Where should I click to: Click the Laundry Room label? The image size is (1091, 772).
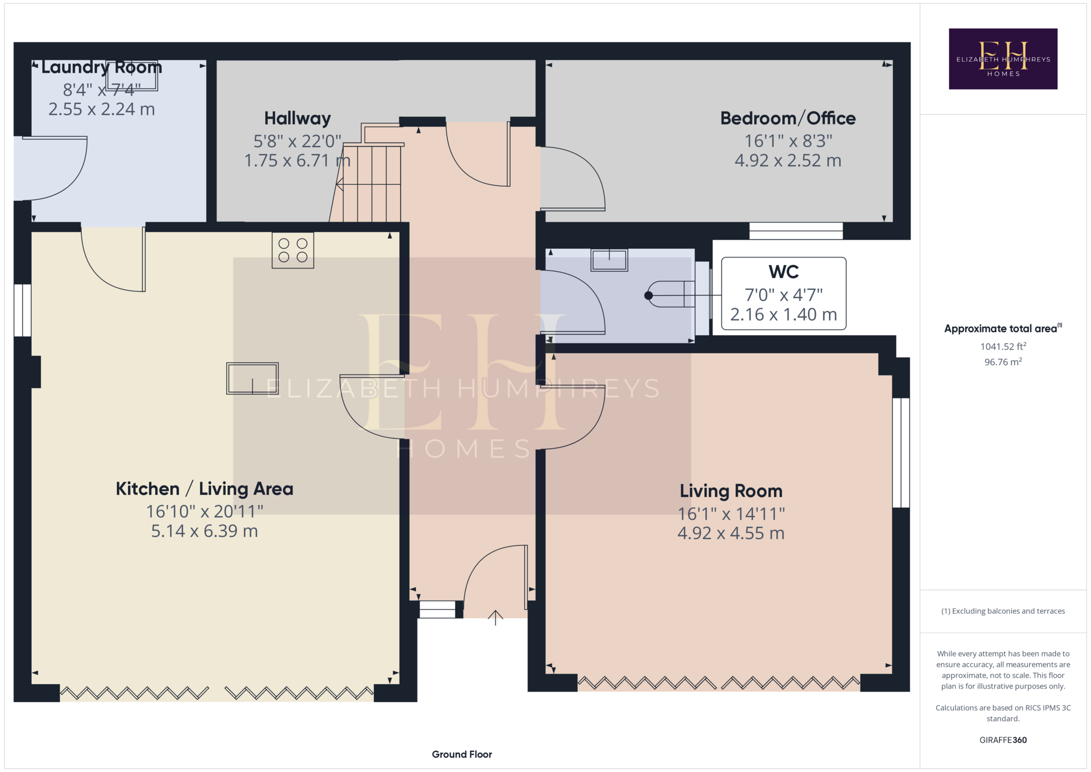102,67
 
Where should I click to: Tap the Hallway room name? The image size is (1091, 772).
297,119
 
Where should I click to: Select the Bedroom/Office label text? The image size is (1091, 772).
788,119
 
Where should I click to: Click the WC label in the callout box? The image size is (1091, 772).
784,272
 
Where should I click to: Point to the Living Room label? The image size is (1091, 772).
731,491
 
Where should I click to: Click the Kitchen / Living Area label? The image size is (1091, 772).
205,489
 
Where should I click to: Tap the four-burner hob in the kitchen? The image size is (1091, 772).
293,250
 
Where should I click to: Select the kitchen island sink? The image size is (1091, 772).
252,378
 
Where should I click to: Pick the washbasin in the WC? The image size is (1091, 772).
609,260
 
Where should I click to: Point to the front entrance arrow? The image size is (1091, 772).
495,617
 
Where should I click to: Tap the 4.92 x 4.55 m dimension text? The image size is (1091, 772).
731,533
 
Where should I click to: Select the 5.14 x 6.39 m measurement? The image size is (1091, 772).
205,531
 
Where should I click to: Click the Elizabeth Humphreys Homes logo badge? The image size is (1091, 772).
1003,59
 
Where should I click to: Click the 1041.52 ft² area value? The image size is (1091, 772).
1003,346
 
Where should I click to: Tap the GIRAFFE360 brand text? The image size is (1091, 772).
1003,740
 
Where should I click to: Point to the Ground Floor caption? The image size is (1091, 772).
462,754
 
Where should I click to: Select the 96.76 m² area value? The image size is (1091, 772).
1003,362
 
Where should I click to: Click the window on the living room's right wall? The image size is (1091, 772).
901,453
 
